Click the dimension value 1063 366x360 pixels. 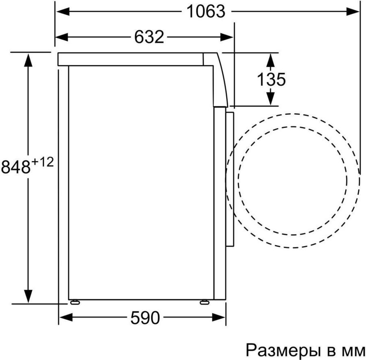click(x=206, y=11)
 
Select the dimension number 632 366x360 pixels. click(x=149, y=37)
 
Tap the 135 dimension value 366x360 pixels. click(x=271, y=79)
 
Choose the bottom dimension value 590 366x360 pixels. click(x=145, y=318)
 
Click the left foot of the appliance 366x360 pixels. click(x=75, y=302)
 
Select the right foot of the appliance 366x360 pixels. click(x=205, y=302)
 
